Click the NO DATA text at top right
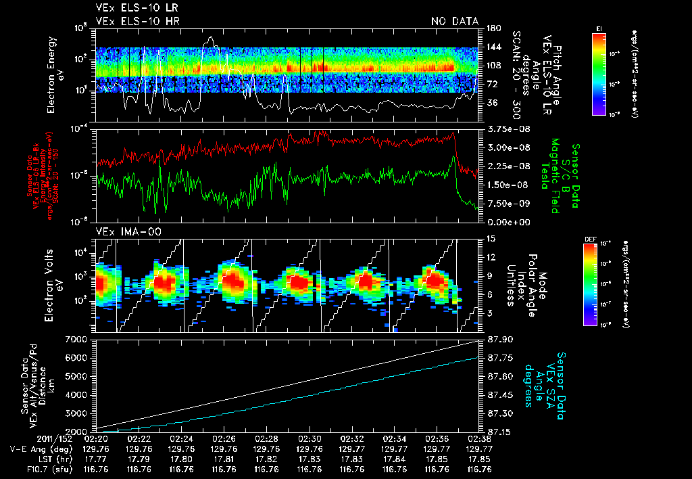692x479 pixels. tap(454, 22)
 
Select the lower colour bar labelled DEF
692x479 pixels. tap(599, 284)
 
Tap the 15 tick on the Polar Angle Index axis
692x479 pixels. tap(489, 238)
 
